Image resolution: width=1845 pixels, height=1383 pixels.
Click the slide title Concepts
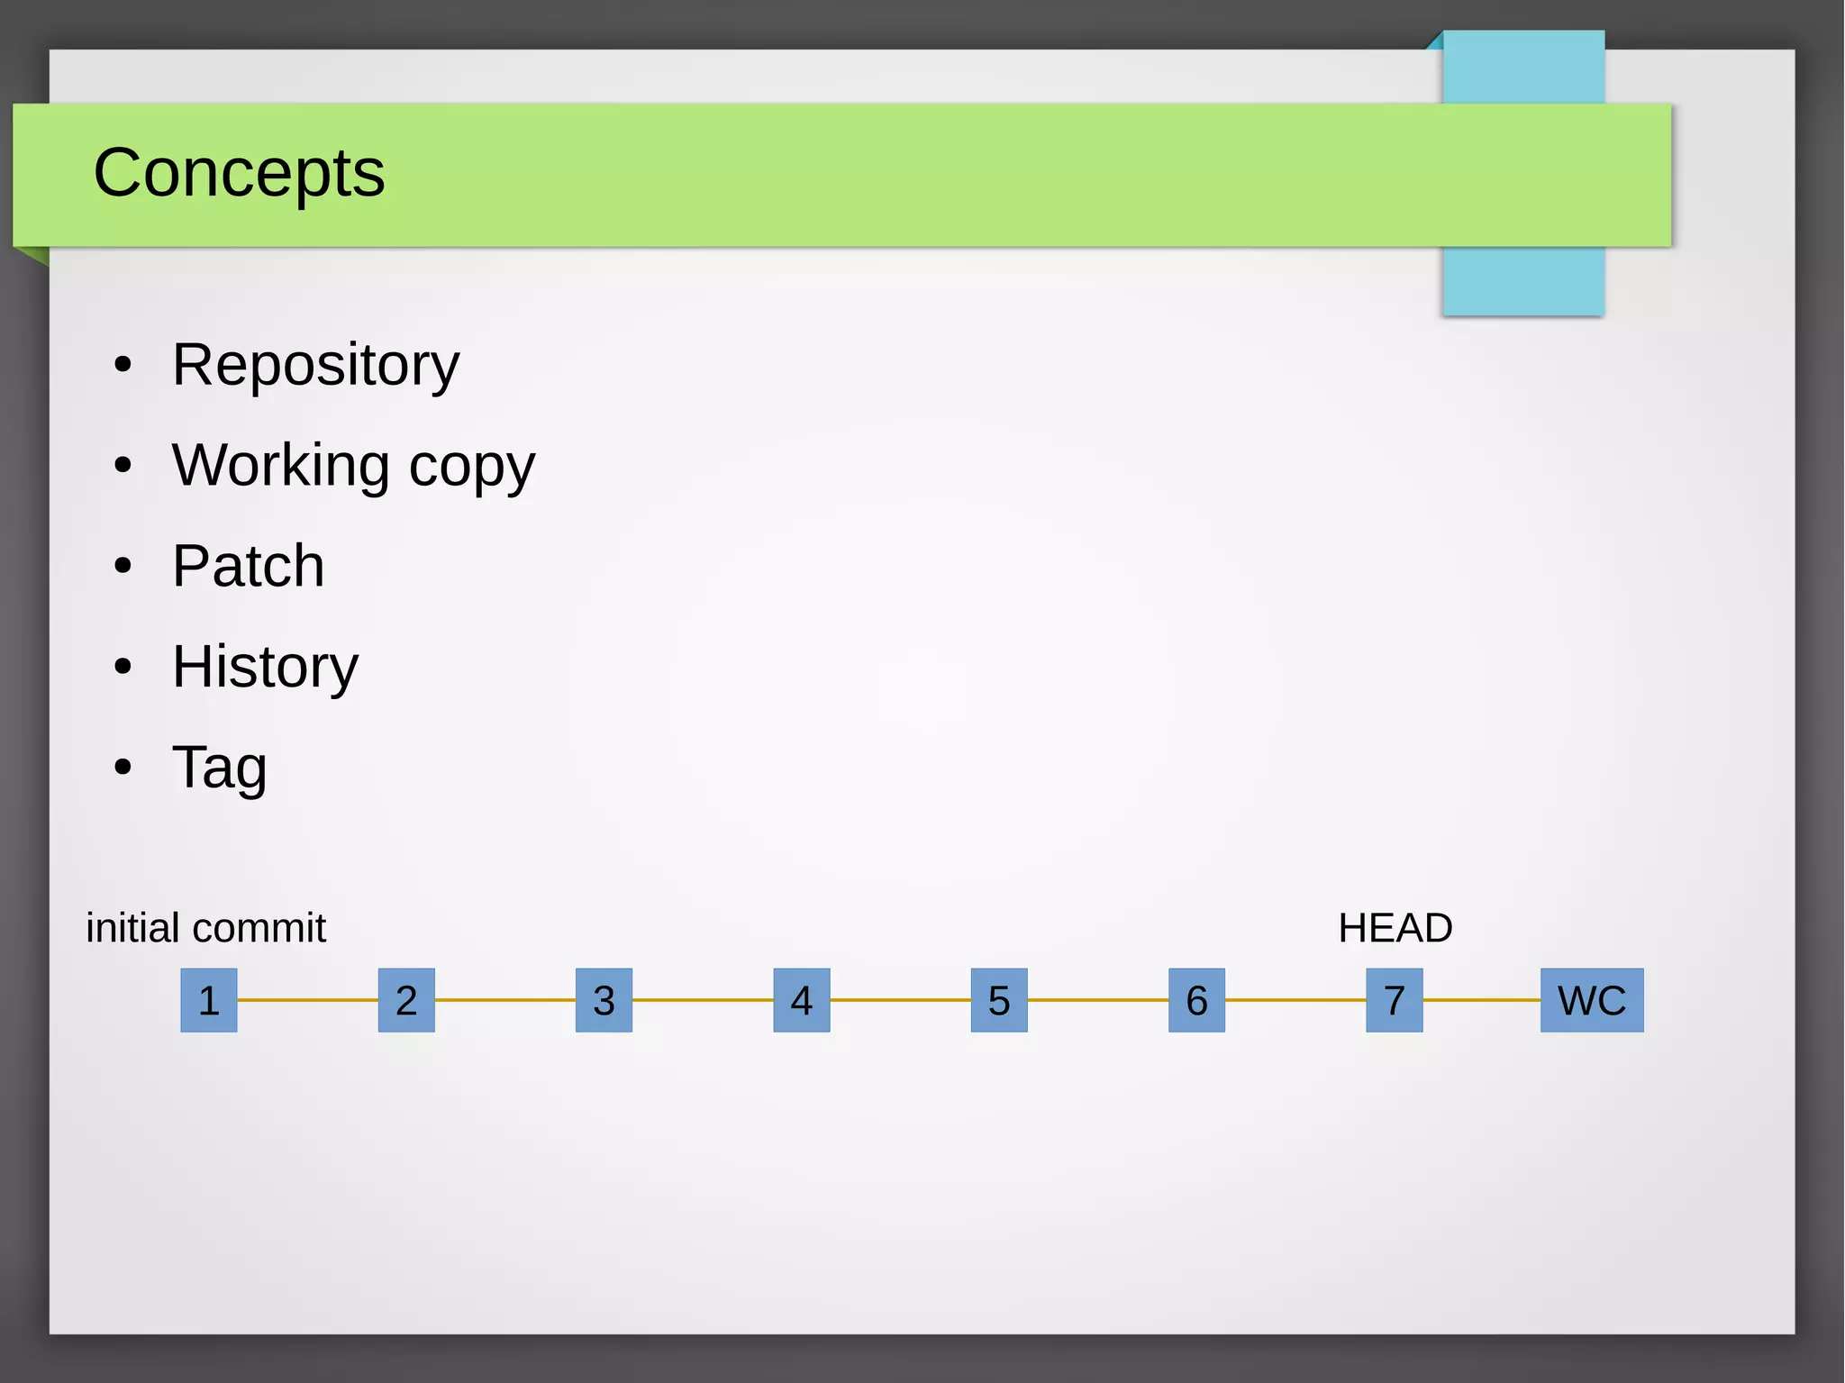coord(239,173)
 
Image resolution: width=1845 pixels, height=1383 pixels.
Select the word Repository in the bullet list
coord(315,366)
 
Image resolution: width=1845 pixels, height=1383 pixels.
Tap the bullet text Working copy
coord(353,467)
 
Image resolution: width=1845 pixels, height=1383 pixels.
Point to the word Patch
coord(248,567)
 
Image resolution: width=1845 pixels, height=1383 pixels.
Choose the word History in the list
coord(265,668)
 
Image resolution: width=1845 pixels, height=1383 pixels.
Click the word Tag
coord(219,769)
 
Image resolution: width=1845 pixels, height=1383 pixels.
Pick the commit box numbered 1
coord(209,1000)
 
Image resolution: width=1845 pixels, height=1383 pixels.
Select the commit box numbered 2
coord(406,1000)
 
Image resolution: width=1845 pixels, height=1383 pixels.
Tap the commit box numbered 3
coord(604,1000)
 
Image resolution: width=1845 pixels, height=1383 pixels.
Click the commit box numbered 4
coord(802,1000)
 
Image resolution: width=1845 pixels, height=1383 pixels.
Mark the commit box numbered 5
coord(999,1000)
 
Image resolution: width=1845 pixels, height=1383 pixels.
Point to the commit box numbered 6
coord(1196,1000)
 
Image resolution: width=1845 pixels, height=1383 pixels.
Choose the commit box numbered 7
coord(1395,1000)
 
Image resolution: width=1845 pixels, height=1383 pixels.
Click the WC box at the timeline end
coord(1592,1000)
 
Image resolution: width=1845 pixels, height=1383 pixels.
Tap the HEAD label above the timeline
coord(1395,928)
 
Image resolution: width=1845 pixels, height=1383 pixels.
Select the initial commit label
coord(205,928)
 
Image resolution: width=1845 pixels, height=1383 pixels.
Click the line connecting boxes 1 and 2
coord(307,1000)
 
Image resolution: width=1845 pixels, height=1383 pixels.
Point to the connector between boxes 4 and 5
coord(901,1000)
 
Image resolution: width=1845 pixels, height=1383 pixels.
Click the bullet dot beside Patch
coord(123,567)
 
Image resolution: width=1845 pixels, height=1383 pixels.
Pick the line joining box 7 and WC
coord(1482,1000)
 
